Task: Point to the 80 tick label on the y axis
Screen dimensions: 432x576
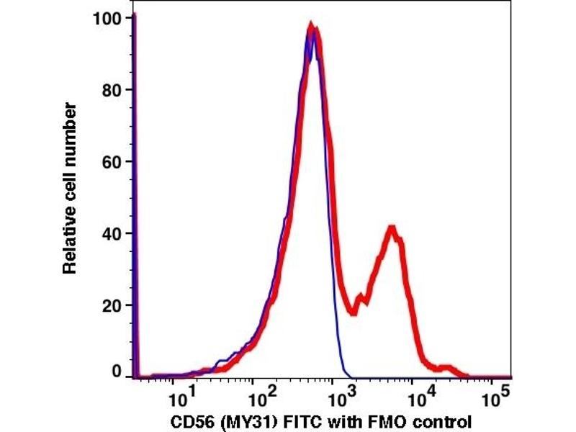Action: coord(110,90)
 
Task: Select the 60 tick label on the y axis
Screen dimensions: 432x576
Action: coord(110,162)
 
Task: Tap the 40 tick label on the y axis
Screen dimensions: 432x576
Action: coord(110,233)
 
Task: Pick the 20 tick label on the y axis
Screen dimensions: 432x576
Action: coord(110,305)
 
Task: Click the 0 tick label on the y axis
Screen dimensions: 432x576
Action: coord(115,372)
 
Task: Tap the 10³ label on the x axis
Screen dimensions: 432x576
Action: coord(338,395)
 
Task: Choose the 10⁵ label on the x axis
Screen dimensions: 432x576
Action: coord(495,395)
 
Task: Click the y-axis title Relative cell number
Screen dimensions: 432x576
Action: coord(70,188)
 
